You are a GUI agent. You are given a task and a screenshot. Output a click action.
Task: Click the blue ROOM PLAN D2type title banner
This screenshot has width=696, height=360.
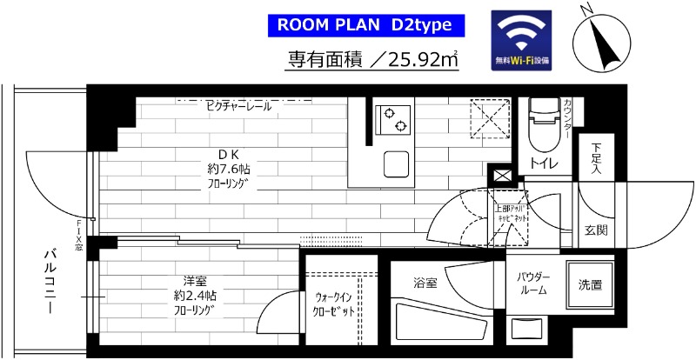(x=364, y=25)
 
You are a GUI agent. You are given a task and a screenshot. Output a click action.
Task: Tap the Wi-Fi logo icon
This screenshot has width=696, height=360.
(x=522, y=40)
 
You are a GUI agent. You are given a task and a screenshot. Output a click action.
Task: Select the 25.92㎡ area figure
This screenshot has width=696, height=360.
(x=418, y=61)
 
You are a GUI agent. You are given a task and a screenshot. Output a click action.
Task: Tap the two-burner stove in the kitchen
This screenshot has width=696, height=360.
(x=393, y=121)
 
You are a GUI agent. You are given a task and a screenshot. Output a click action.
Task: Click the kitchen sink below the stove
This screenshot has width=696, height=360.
(x=396, y=162)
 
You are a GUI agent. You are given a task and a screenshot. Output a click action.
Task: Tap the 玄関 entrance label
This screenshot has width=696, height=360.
(x=596, y=230)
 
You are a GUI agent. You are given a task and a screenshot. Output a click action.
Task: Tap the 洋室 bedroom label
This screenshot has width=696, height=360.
(x=193, y=280)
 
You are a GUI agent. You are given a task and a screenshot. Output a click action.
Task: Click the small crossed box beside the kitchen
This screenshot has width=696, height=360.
(x=503, y=176)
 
